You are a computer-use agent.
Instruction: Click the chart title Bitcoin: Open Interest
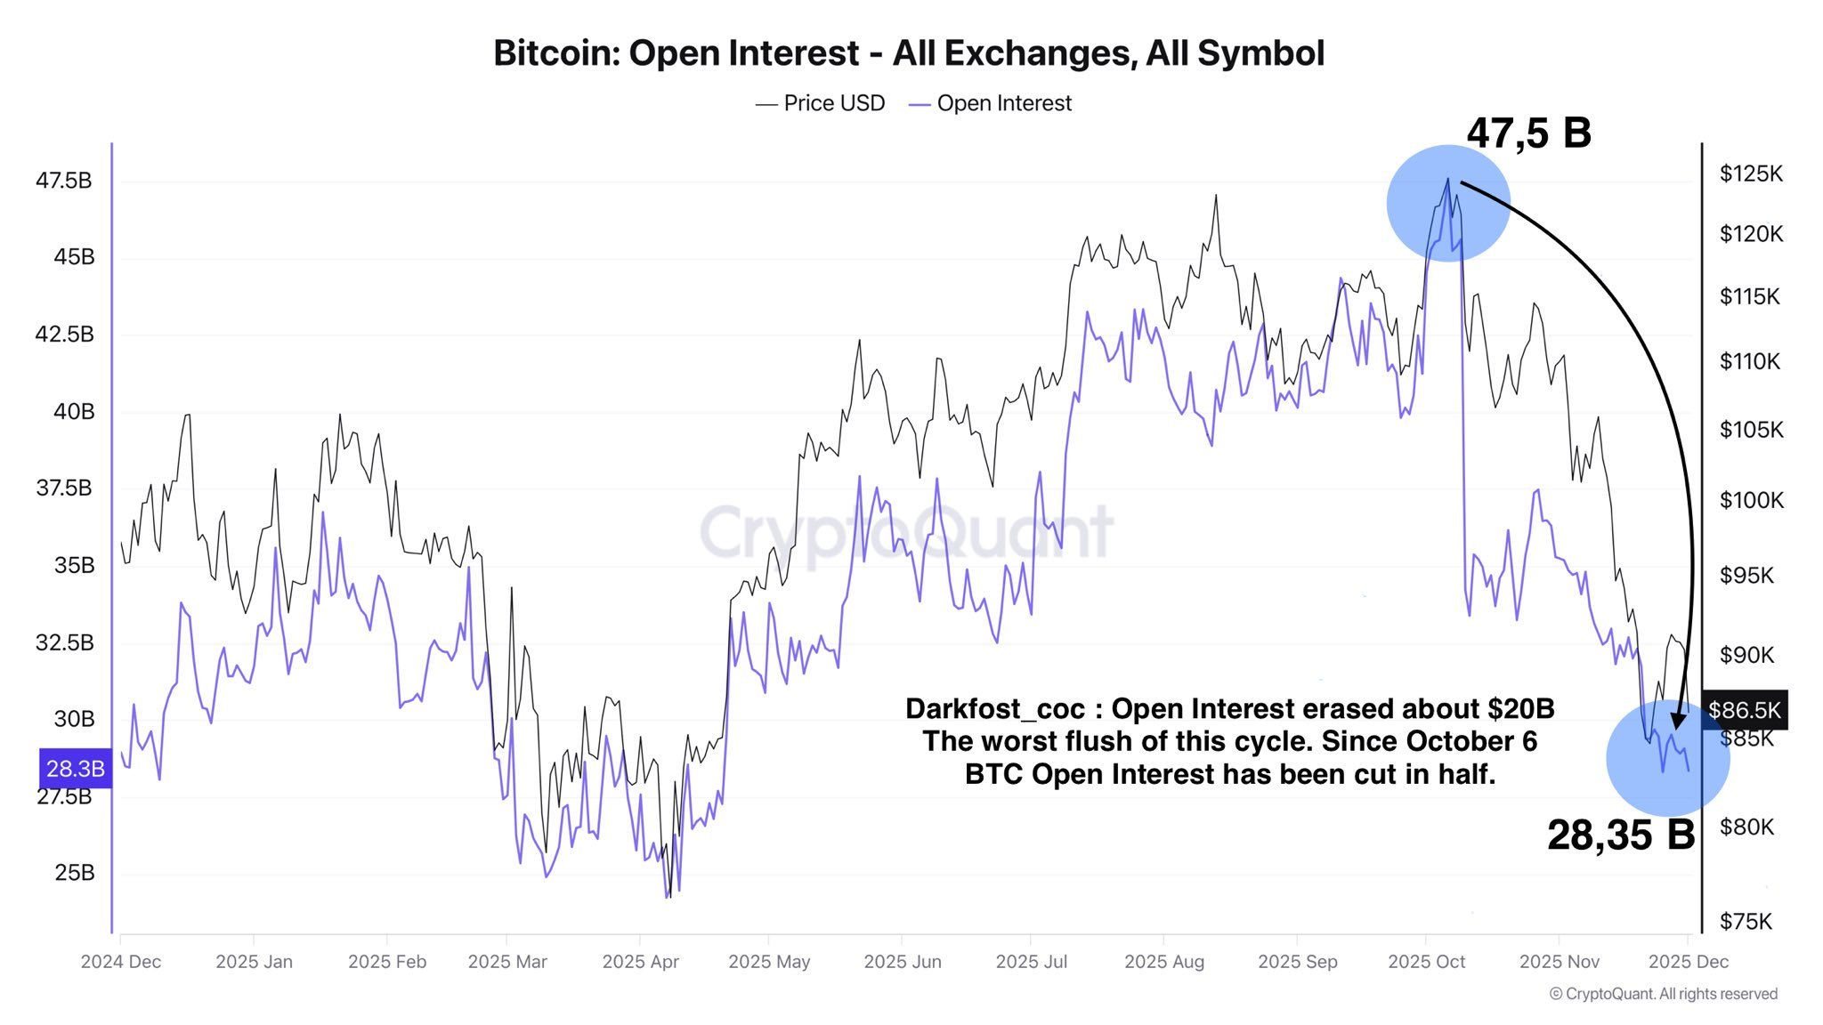(x=908, y=53)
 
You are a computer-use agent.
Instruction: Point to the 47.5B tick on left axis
(x=63, y=181)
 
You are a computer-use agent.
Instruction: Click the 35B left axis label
(x=74, y=565)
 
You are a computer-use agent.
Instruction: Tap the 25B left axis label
(x=74, y=873)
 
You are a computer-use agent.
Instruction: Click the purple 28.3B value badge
(x=75, y=769)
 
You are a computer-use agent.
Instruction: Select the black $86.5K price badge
(x=1744, y=710)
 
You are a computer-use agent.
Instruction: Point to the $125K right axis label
(x=1751, y=174)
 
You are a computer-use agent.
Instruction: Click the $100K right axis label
(x=1751, y=500)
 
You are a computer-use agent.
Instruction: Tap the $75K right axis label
(x=1746, y=922)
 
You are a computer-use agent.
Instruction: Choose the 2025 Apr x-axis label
(x=640, y=962)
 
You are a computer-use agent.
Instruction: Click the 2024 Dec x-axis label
(x=120, y=962)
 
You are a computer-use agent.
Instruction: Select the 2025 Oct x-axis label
(x=1426, y=962)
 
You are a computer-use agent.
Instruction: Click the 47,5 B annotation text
(x=1528, y=133)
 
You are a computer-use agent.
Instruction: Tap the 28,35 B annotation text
(x=1620, y=835)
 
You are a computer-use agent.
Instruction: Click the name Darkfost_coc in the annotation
(x=994, y=709)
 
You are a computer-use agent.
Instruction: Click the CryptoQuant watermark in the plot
(x=906, y=532)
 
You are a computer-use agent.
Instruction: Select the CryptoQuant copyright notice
(x=1663, y=994)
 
